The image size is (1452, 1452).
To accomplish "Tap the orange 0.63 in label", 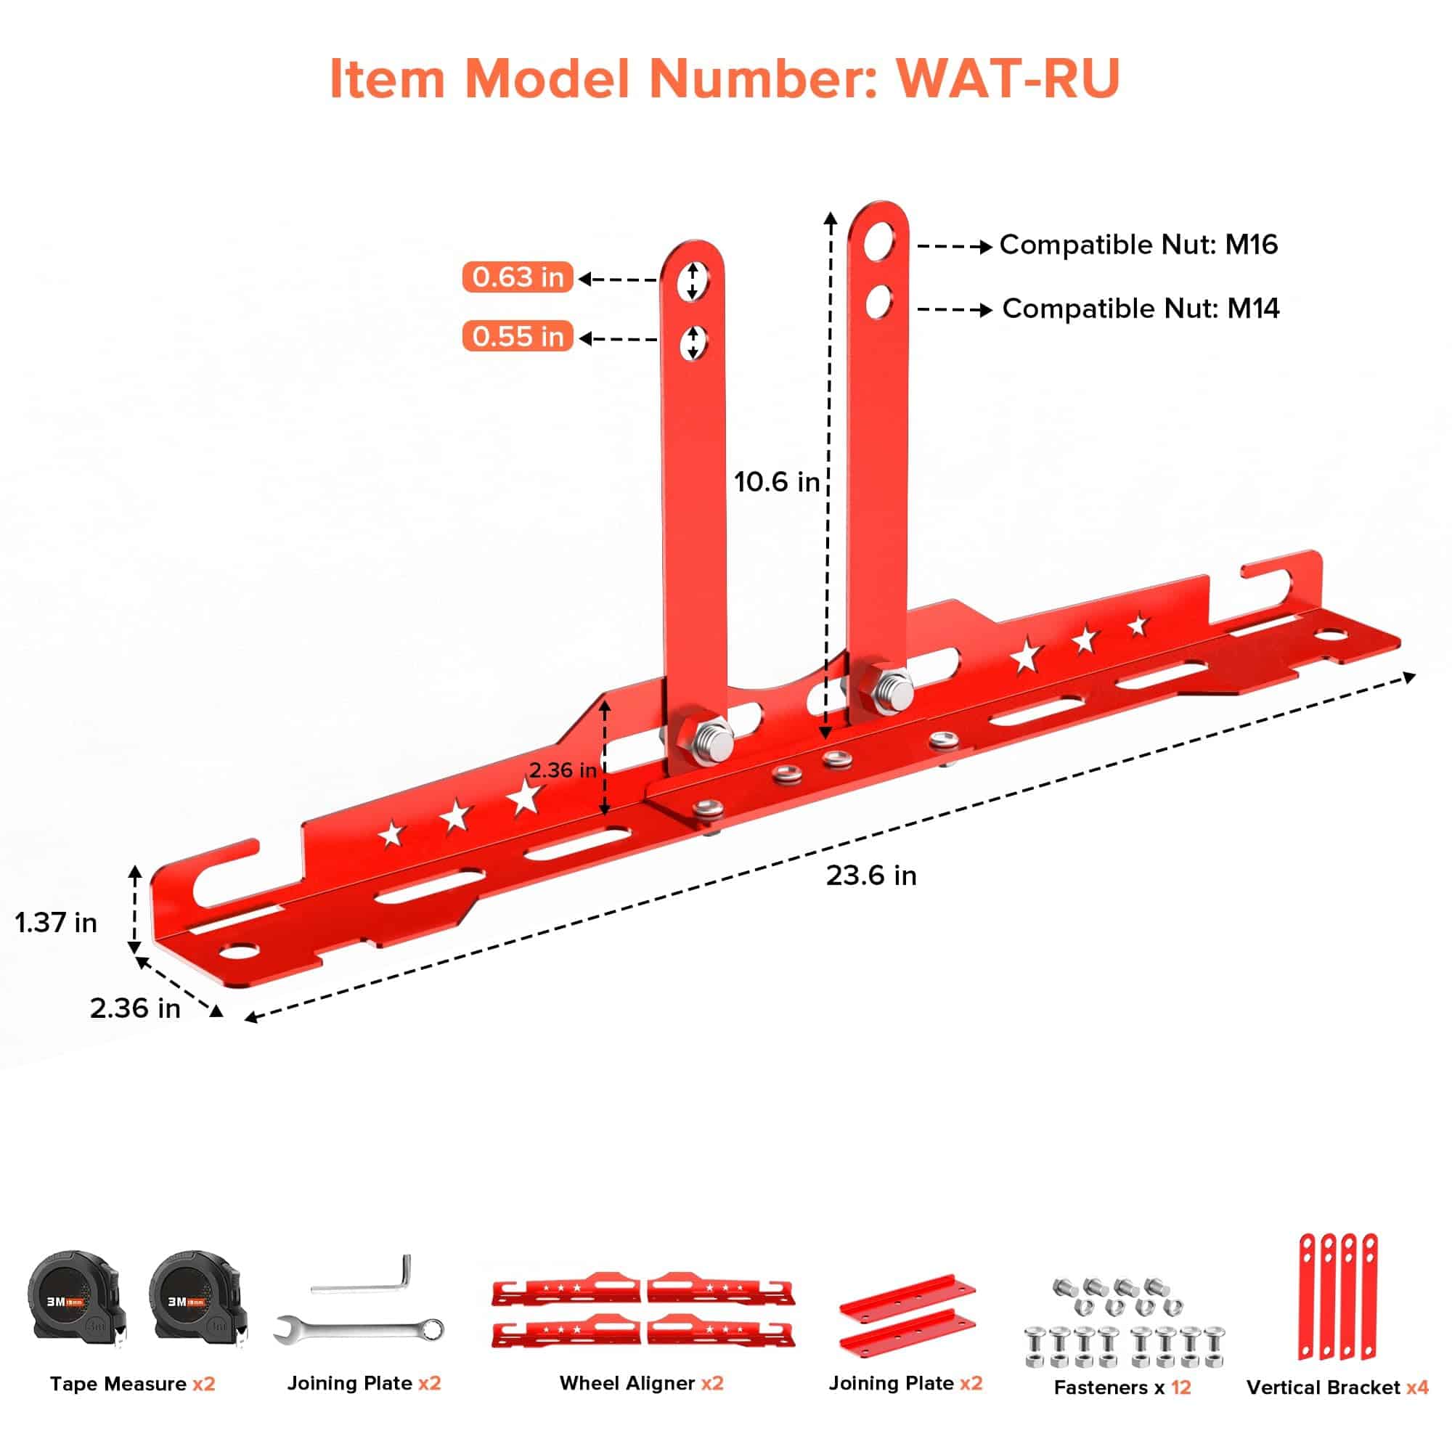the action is coord(518,277).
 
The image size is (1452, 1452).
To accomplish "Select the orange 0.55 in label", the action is coord(518,336).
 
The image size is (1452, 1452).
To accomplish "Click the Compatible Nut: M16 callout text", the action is coord(1138,245).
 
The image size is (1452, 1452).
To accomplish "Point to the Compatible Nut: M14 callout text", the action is coord(1141,309).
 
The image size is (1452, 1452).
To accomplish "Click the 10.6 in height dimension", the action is coord(776,482).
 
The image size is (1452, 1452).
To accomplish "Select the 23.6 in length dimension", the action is coord(871,876).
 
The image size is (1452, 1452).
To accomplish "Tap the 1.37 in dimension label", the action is coord(57,922).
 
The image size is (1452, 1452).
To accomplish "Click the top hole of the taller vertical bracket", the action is coord(878,242).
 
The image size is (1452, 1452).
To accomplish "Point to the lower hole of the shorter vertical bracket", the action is coord(692,343).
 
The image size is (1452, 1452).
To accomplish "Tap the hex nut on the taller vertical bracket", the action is coord(889,690).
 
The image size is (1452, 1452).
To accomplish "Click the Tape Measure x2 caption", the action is coord(132,1384).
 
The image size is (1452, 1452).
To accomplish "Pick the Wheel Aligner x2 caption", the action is coord(641,1384).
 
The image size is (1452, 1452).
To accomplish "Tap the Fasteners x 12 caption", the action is coord(1122,1387).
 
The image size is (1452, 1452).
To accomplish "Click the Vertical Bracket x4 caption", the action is coord(1337,1387).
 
